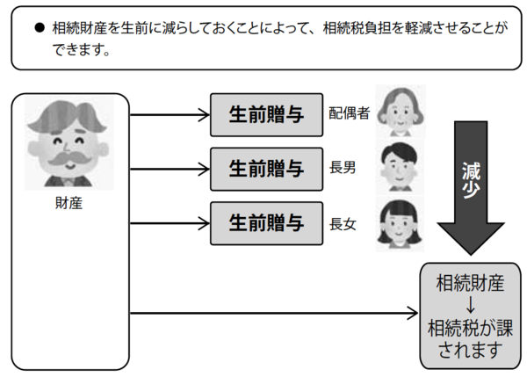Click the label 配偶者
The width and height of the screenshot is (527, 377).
coord(349,114)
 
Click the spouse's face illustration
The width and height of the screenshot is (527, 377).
coord(400,109)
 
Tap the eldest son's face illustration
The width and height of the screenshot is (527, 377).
coord(400,165)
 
